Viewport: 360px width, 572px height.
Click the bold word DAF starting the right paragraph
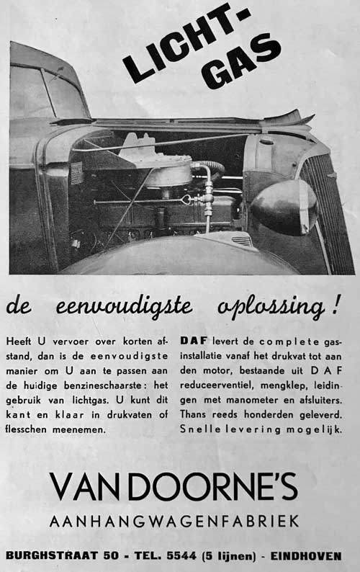192,340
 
